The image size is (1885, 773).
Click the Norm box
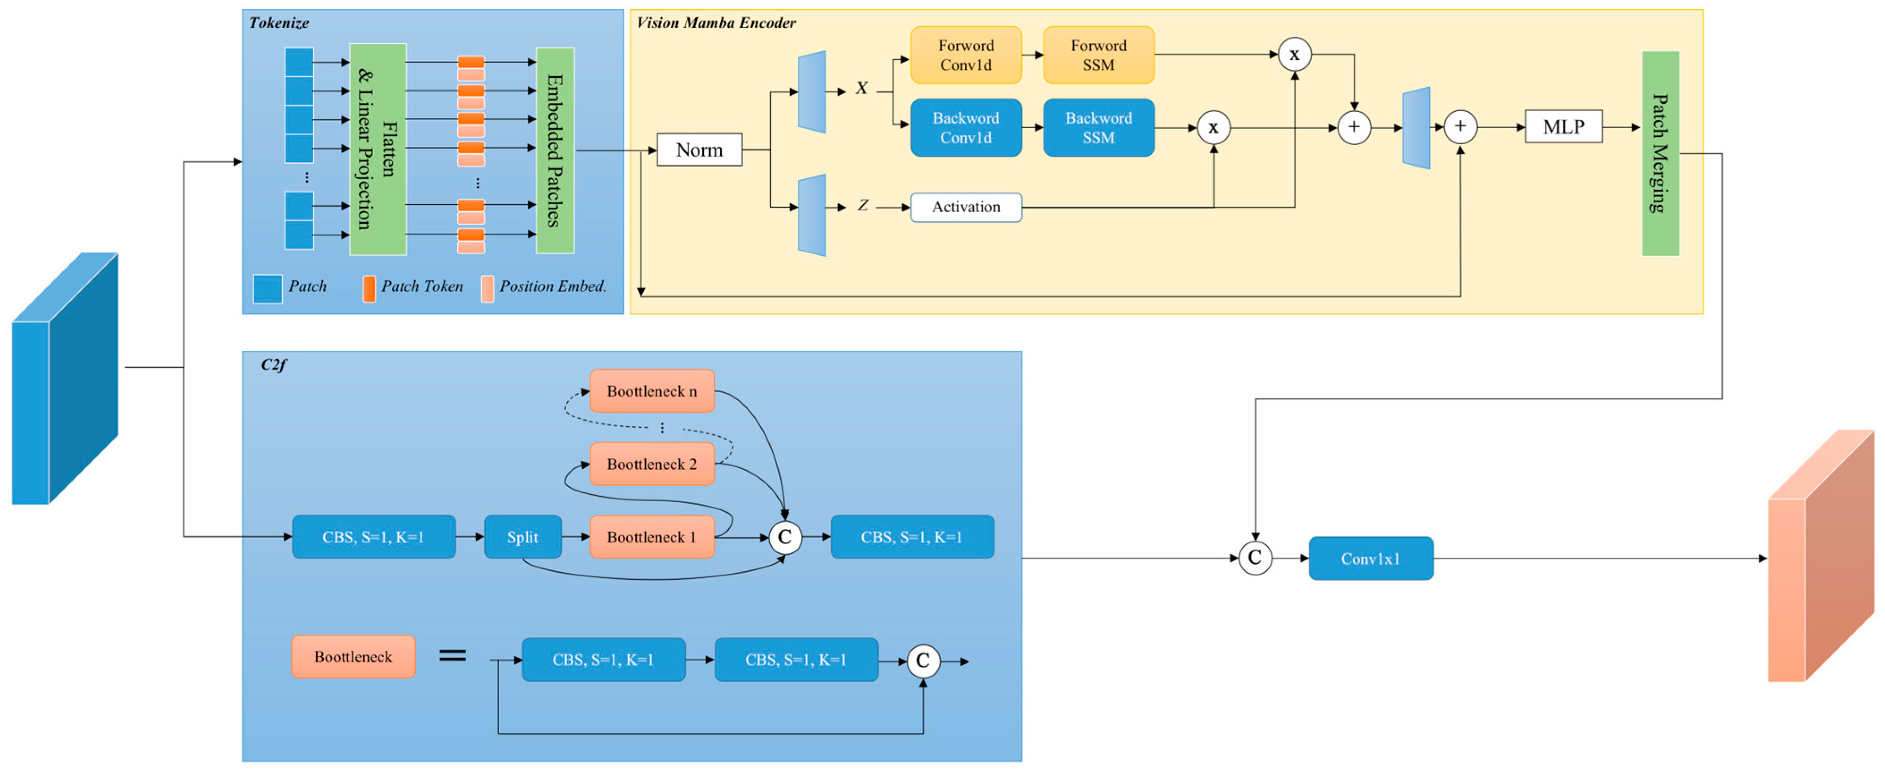tap(699, 150)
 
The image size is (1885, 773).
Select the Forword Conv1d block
tap(965, 55)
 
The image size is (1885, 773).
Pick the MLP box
tap(1563, 127)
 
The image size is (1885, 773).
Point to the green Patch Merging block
tap(1660, 154)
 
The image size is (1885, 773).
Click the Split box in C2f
tap(522, 537)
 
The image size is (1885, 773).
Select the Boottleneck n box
tap(651, 391)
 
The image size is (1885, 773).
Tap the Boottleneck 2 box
tap(651, 464)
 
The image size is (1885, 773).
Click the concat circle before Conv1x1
tap(1254, 558)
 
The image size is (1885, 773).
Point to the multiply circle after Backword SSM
tap(1212, 128)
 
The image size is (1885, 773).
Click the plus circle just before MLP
tap(1460, 127)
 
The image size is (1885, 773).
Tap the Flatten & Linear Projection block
tap(378, 149)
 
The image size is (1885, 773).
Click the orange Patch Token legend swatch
tap(369, 288)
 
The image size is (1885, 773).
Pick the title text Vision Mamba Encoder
tap(715, 23)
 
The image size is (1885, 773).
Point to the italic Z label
tap(863, 206)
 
